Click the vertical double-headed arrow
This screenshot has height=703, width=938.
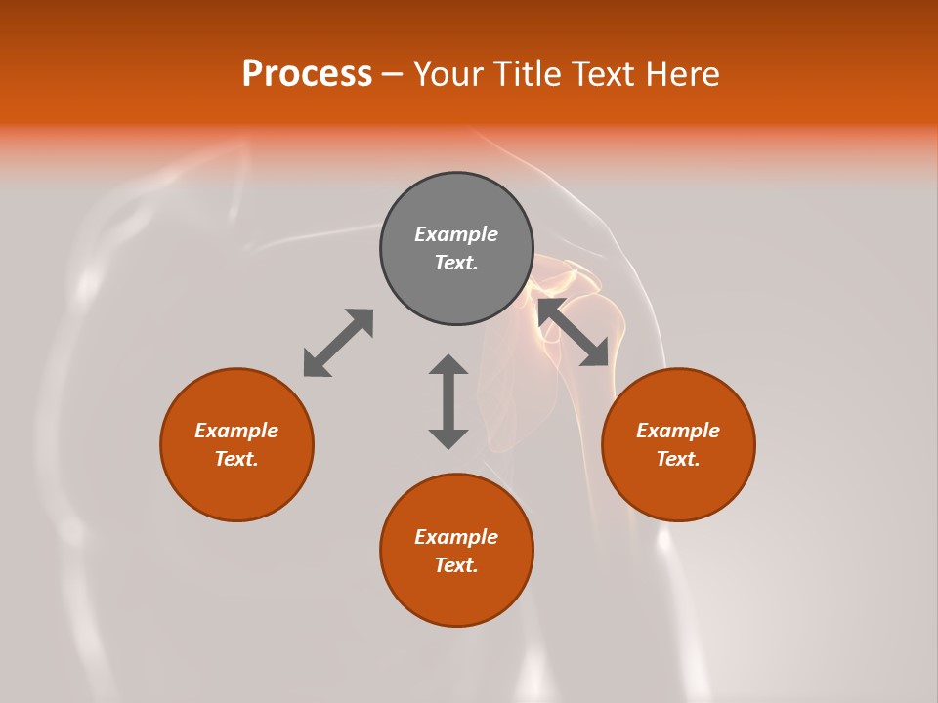(x=448, y=401)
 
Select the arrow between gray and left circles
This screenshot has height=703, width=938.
(x=338, y=343)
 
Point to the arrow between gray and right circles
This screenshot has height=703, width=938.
(x=574, y=332)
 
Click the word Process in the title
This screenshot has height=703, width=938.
(x=307, y=74)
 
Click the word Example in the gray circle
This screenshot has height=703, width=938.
(x=456, y=234)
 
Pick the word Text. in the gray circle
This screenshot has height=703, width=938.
(x=456, y=263)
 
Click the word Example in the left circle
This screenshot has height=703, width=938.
(x=236, y=431)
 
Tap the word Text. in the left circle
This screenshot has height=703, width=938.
(x=236, y=459)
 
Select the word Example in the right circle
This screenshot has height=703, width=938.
(x=678, y=431)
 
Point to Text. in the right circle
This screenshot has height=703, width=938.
(x=678, y=459)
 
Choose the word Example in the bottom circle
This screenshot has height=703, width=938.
(x=456, y=537)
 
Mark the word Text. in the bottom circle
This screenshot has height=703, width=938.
(x=456, y=565)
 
